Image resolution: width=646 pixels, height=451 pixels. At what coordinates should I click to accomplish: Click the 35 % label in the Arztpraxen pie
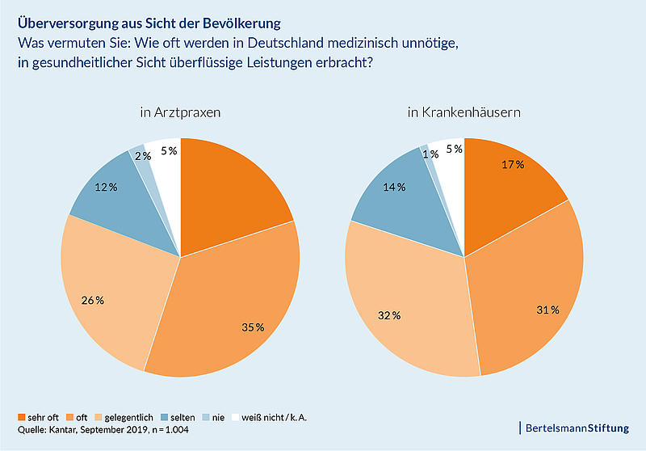click(x=254, y=327)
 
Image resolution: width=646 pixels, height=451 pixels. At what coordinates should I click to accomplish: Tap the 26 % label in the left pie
click(x=92, y=301)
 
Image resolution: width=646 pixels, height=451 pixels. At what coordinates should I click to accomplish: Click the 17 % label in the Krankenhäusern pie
click(x=513, y=164)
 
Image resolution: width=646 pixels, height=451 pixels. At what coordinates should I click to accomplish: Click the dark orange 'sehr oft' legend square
click(x=22, y=418)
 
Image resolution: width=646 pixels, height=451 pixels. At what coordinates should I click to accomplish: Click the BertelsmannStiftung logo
click(x=577, y=426)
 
